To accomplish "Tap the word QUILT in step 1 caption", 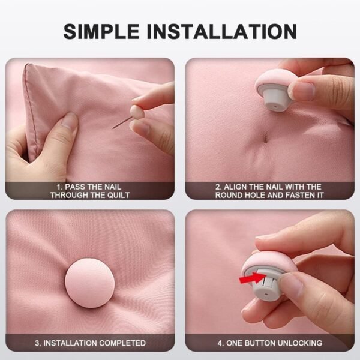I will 116,195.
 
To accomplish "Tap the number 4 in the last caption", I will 220,343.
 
